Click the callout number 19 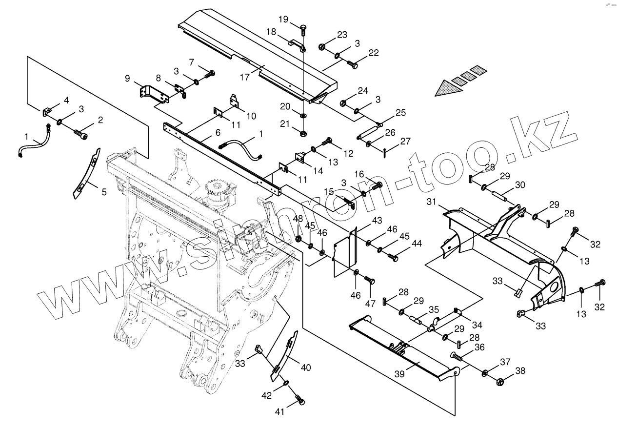(x=284, y=20)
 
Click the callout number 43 (x=377, y=221)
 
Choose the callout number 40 (x=305, y=367)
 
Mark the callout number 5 (x=104, y=192)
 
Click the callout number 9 (x=127, y=78)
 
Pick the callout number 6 (x=218, y=132)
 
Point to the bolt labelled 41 (x=300, y=401)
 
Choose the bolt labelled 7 (x=211, y=74)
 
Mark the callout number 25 (x=400, y=113)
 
